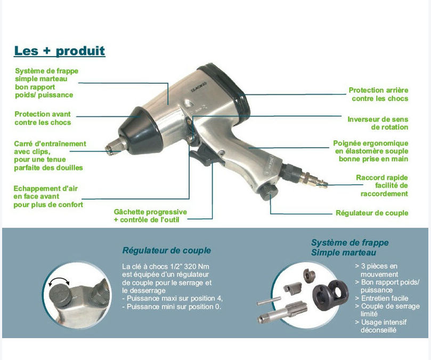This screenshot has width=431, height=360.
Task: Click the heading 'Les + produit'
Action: click(59, 51)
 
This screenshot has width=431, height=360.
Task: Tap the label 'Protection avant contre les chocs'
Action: click(43, 118)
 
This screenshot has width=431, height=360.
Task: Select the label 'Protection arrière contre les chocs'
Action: click(378, 94)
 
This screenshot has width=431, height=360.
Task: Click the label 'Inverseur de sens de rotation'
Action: click(378, 123)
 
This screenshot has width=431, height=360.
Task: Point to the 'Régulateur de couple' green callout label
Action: click(372, 213)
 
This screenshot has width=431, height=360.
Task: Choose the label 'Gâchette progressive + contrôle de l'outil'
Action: click(150, 216)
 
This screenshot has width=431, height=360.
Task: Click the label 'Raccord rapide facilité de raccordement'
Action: click(382, 186)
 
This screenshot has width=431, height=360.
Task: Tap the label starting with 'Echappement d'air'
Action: click(48, 196)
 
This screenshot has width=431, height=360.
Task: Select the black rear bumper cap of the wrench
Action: click(226, 87)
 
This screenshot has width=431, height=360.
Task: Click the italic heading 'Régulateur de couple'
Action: click(167, 251)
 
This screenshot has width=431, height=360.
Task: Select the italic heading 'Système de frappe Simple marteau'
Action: click(349, 247)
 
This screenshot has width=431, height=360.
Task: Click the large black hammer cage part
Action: click(330, 295)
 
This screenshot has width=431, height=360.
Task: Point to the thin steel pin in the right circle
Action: click(269, 301)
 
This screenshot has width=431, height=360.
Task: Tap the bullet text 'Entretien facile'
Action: click(385, 298)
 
